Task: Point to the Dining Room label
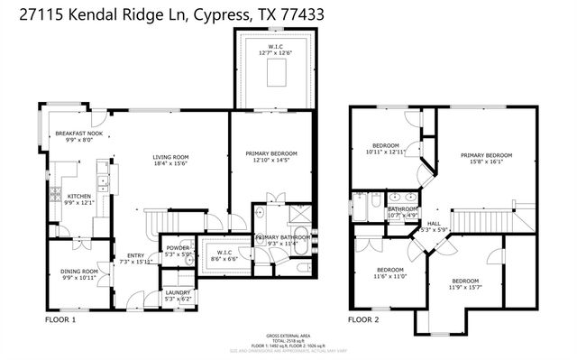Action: pos(78,272)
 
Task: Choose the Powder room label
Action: pos(177,248)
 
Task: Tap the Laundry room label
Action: pos(177,292)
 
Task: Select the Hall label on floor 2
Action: pos(433,223)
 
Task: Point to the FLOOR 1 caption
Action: pos(60,319)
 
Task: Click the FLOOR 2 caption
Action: pos(363,319)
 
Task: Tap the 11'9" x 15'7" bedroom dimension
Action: pos(465,288)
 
